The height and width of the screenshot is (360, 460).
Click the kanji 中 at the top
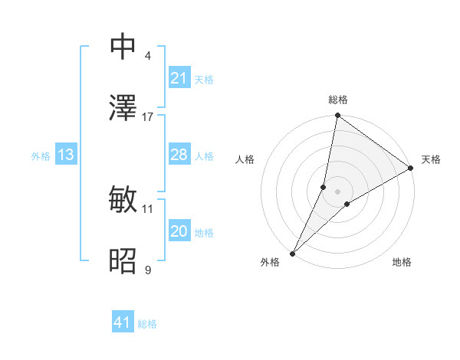pos(124,47)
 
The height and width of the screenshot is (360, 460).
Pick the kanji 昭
pos(124,261)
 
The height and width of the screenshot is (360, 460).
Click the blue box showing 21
pos(179,78)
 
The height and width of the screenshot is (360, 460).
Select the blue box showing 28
pos(179,155)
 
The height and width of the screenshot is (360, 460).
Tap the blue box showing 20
pos(179,231)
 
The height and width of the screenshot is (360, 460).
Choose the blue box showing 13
pos(65,155)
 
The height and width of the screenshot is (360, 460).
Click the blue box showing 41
pos(123,322)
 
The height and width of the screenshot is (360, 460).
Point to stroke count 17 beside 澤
pos(148,116)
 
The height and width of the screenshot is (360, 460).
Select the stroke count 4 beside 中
pos(148,55)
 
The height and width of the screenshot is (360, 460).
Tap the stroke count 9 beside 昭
pos(148,270)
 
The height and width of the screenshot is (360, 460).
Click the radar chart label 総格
pos(338,100)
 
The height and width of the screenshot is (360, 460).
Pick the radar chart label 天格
pos(431,159)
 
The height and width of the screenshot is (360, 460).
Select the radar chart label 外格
pos(270,262)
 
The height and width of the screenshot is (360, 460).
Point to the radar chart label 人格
pos(245,159)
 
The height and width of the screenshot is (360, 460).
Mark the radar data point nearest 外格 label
pos(293,253)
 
